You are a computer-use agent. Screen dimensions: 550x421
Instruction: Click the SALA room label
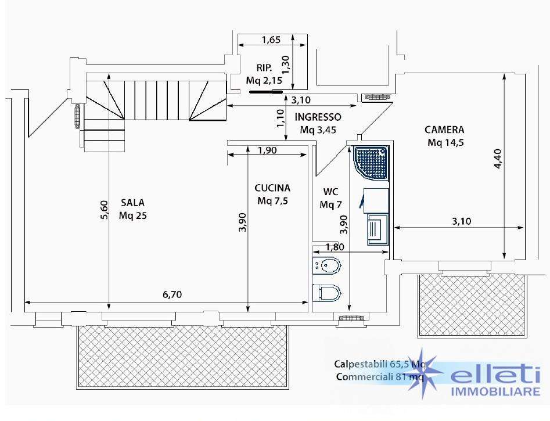(132, 203)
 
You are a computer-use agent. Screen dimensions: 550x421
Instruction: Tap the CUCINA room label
(272, 188)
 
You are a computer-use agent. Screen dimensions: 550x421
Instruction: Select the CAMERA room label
(444, 130)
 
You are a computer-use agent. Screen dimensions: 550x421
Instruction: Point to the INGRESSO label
(318, 117)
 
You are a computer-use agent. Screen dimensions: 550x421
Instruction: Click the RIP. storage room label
(264, 68)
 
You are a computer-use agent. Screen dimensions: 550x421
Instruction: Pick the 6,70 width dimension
(172, 294)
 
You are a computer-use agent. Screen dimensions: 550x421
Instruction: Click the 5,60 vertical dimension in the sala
(105, 210)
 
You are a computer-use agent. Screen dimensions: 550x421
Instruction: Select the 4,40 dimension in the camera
(498, 159)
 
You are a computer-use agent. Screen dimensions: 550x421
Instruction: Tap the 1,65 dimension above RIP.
(271, 39)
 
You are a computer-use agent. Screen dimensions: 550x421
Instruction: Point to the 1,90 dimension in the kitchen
(267, 150)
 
